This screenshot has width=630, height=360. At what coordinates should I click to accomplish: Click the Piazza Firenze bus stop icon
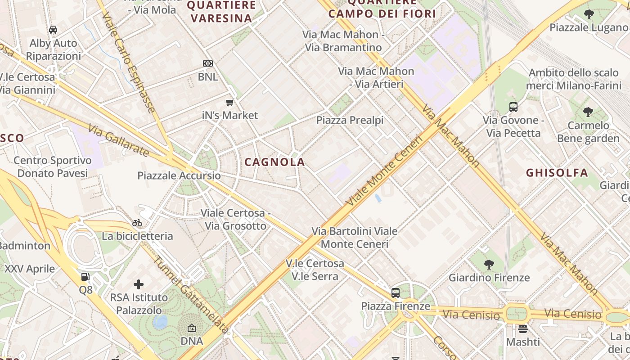[x=395, y=293]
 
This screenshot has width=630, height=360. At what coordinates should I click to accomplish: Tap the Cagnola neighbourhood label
[x=274, y=162]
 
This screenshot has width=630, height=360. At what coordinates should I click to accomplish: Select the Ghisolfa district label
[x=557, y=173]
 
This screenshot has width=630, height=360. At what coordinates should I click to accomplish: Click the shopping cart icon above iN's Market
[x=230, y=103]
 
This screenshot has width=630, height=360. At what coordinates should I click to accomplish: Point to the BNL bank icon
[x=208, y=63]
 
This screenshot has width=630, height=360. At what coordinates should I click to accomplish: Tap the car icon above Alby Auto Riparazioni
[x=53, y=30]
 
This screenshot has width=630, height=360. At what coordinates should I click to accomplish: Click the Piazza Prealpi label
[x=350, y=120]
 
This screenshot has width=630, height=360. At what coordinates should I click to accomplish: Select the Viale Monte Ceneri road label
[x=385, y=171]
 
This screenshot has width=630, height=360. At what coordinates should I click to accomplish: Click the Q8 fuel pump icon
[x=85, y=277]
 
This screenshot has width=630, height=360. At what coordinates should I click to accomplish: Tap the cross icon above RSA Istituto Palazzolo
[x=139, y=284]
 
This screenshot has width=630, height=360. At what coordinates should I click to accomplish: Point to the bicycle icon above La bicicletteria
[x=137, y=223]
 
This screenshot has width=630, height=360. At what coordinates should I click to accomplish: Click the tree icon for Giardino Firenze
[x=489, y=264]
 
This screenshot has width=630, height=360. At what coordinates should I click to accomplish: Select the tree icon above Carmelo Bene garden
[x=588, y=112]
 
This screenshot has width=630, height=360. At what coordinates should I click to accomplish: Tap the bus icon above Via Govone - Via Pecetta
[x=513, y=107]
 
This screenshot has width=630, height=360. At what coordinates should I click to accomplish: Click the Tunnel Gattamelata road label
[x=191, y=295]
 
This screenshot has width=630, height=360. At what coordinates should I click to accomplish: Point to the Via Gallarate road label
[x=119, y=141]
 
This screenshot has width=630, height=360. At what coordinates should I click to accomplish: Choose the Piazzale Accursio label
[x=179, y=175]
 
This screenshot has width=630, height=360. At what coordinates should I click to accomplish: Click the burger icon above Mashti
[x=522, y=329]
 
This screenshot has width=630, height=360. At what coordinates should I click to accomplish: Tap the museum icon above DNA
[x=192, y=328]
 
